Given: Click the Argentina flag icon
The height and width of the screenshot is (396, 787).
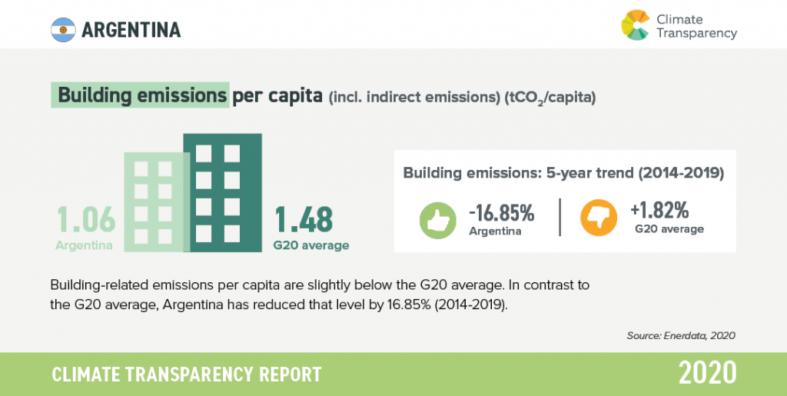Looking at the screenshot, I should [61, 29].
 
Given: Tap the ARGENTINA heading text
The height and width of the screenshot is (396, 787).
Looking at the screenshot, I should [131, 29].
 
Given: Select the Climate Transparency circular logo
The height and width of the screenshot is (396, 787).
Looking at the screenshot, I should [635, 25].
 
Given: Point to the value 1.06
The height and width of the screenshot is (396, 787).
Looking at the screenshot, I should [85, 220].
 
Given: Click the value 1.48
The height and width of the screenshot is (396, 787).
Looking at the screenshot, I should [304, 220].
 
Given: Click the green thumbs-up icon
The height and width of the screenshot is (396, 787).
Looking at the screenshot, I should [437, 218].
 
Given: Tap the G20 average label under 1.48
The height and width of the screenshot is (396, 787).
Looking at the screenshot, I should [311, 246].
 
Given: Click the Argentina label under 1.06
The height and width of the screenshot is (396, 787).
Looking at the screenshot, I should [85, 246].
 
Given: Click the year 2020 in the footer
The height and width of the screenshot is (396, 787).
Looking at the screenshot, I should [707, 373].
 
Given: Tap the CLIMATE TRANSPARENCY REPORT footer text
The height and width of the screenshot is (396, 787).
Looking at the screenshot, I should [186, 374].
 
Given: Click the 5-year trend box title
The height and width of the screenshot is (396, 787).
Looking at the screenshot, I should [563, 173].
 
